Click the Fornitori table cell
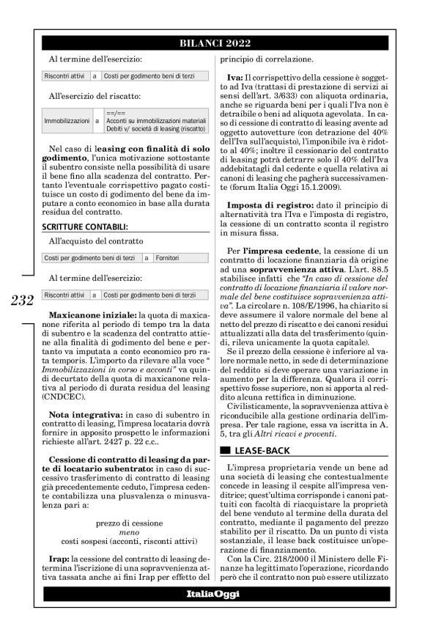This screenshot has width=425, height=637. [169, 259]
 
